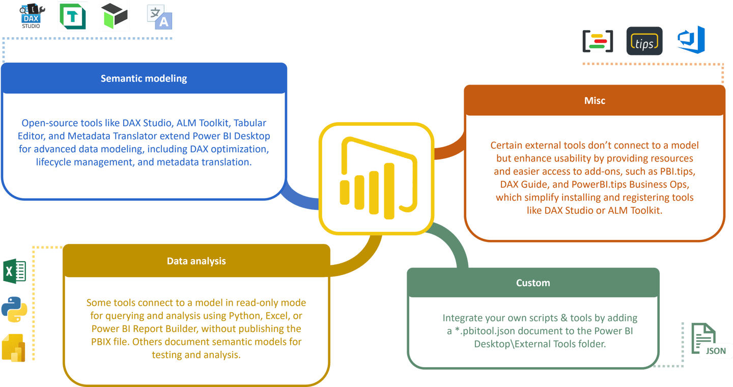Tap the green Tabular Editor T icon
[x=73, y=16]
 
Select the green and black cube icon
[x=114, y=16]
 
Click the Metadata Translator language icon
[x=160, y=17]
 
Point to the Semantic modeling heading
[x=144, y=78]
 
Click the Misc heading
[x=595, y=100]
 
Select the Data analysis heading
[x=196, y=261]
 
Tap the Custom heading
[x=533, y=283]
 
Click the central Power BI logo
[x=376, y=178]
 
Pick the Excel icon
[x=15, y=271]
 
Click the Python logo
[x=14, y=309]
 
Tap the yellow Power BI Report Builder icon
[x=14, y=348]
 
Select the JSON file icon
[x=707, y=340]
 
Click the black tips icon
[x=644, y=41]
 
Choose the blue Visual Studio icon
[x=691, y=40]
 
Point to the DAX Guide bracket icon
[x=598, y=41]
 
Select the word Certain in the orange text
[x=506, y=145]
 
